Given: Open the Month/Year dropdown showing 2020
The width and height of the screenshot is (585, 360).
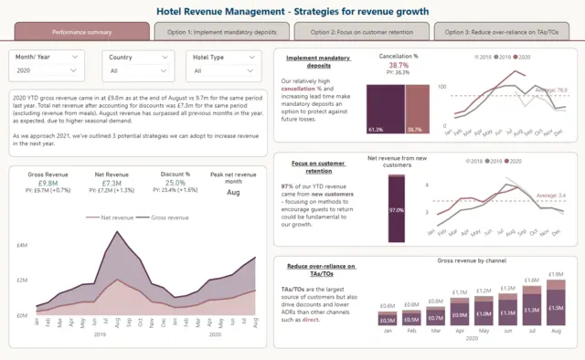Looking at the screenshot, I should (49, 69).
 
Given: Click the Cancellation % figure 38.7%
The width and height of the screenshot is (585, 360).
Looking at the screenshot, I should (399, 66).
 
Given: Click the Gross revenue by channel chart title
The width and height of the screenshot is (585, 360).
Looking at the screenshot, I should (471, 261).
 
